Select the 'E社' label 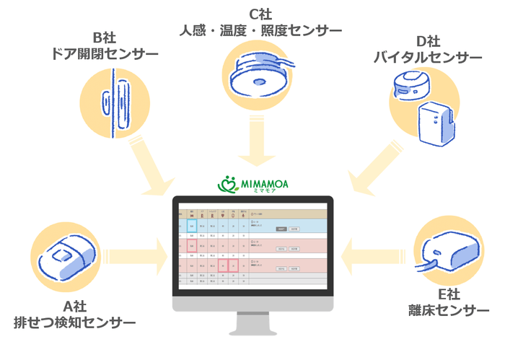[x=449, y=294]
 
